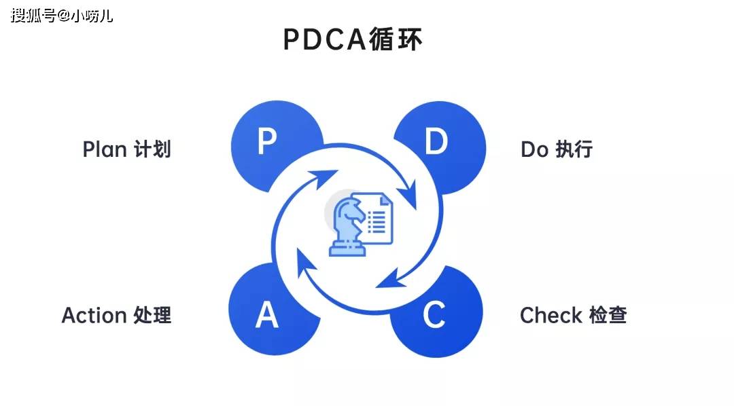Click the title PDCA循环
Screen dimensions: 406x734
pyautogui.click(x=353, y=39)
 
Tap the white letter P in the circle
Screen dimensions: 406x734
pyautogui.click(x=267, y=142)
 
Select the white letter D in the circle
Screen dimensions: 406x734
pyautogui.click(x=436, y=142)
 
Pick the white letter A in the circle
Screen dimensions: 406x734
pyautogui.click(x=267, y=315)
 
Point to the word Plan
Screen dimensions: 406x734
pyautogui.click(x=105, y=149)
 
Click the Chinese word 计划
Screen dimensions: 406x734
pyautogui.click(x=152, y=149)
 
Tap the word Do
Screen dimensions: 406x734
pyautogui.click(x=534, y=149)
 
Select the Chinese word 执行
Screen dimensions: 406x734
pyautogui.click(x=574, y=149)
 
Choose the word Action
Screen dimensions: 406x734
pyautogui.click(x=94, y=315)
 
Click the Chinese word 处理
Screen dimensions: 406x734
pyautogui.click(x=153, y=315)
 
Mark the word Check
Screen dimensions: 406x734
pyautogui.click(x=551, y=315)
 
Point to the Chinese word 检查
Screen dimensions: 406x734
pyautogui.click(x=608, y=315)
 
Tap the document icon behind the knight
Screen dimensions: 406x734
pyautogui.click(x=378, y=217)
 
